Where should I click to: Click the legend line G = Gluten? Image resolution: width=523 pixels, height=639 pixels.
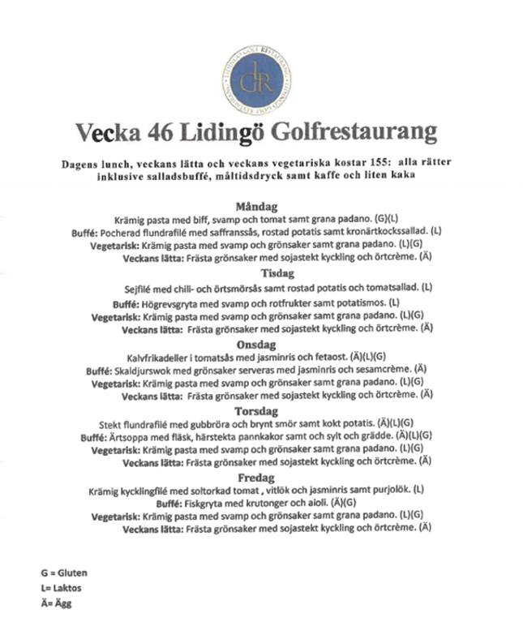[64, 573]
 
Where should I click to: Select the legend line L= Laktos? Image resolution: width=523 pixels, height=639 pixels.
[62, 588]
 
